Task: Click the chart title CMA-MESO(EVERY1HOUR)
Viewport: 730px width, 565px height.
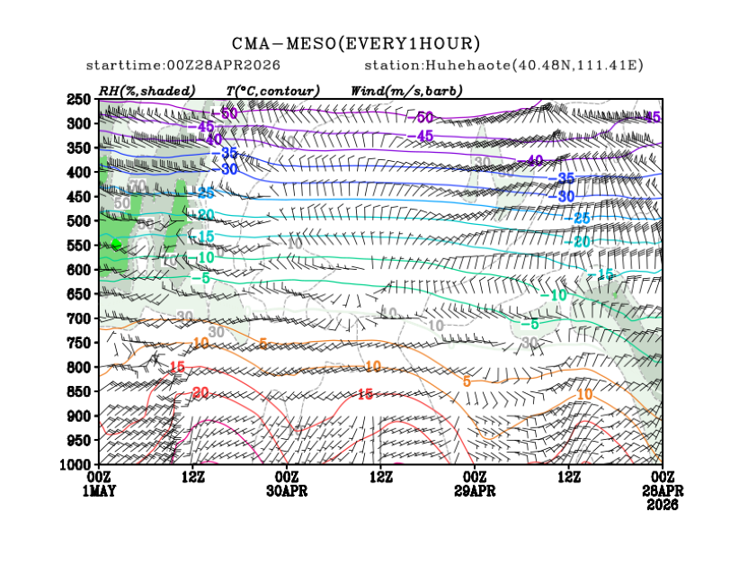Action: click(x=356, y=44)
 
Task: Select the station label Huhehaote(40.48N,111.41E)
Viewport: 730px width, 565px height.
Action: click(x=504, y=67)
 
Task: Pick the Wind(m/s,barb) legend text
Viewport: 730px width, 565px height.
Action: click(x=402, y=92)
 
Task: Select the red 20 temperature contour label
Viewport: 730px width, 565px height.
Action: click(x=199, y=392)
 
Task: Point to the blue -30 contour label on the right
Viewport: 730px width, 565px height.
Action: click(x=565, y=196)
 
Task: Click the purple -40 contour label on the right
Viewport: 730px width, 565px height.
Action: click(x=534, y=161)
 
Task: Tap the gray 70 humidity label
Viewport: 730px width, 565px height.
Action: click(x=138, y=185)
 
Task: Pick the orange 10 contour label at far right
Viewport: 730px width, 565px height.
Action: click(x=583, y=395)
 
